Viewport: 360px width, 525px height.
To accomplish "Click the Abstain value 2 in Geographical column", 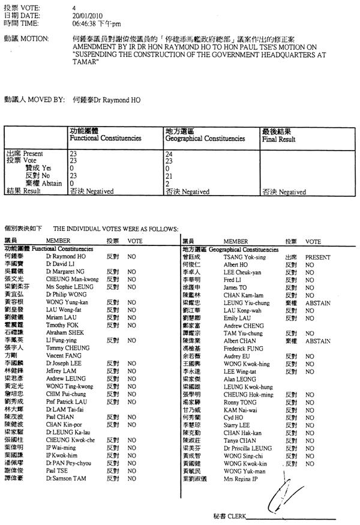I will [x=166, y=184].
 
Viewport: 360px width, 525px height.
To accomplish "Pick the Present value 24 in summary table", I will [x=168, y=154].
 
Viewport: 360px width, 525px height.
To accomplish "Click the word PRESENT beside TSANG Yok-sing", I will [x=317, y=256].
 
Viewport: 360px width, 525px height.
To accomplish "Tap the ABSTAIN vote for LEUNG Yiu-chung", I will [x=317, y=303].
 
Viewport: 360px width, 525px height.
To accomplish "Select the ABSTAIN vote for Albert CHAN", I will [x=317, y=341].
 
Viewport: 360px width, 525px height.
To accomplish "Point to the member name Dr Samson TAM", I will [x=66, y=479].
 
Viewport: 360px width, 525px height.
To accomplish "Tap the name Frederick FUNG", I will [x=243, y=348].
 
